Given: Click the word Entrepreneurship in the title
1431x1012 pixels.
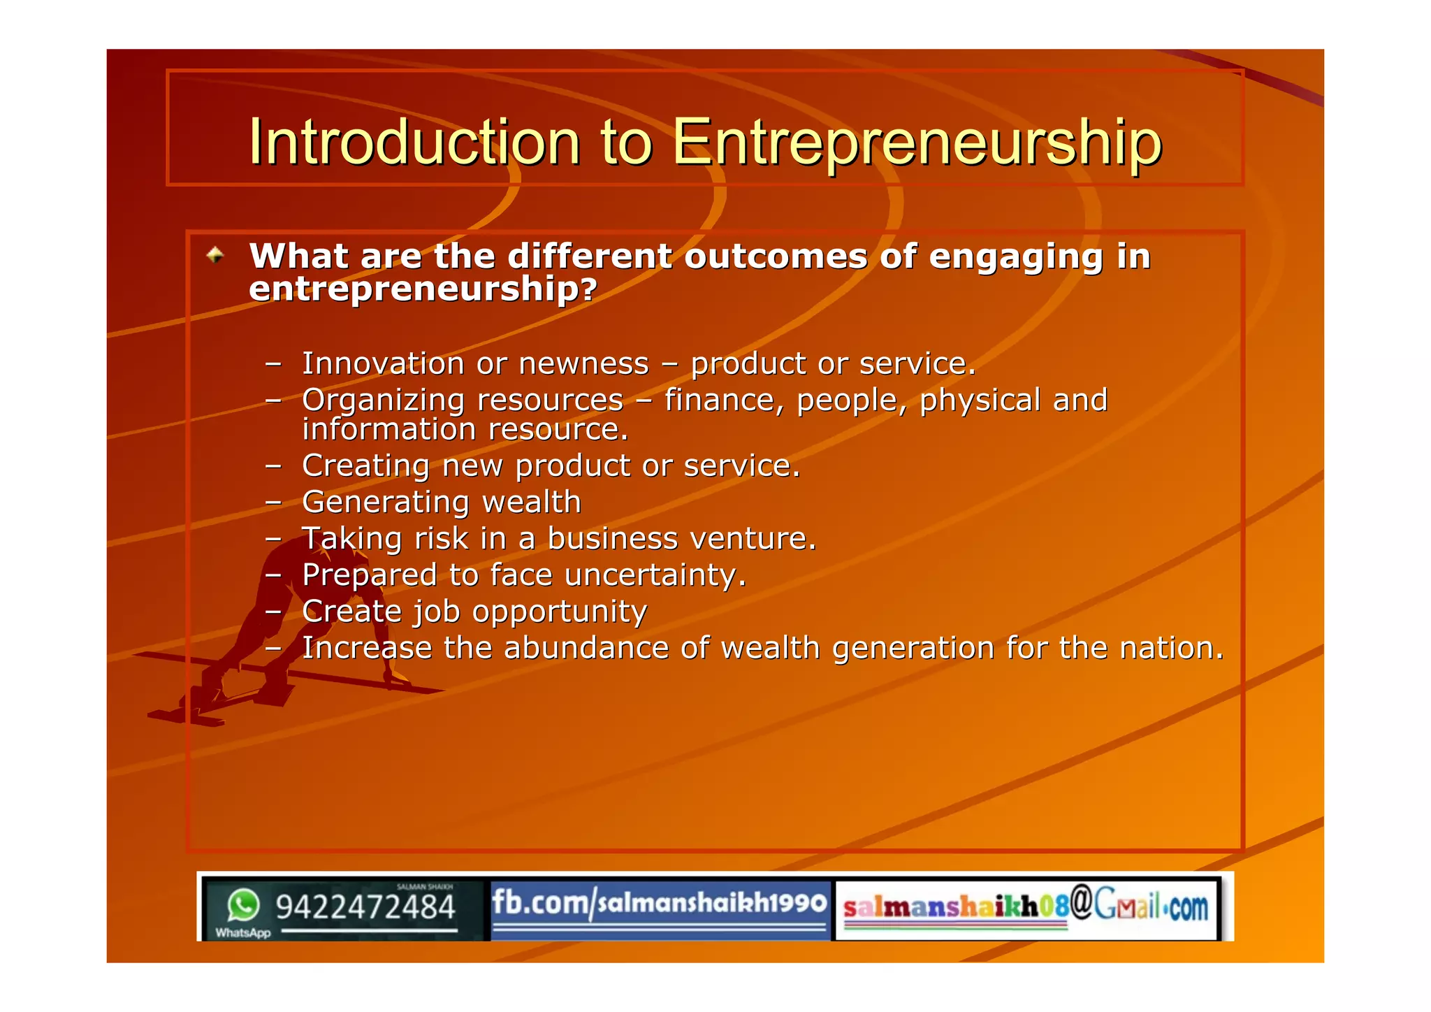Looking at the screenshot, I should click(x=917, y=143).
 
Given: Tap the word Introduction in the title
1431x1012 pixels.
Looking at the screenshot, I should click(x=414, y=143).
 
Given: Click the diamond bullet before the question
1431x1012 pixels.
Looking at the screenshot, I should click(x=215, y=255).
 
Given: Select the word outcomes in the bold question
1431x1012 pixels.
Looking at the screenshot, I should click(x=776, y=256).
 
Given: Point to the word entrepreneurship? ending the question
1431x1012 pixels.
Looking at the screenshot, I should click(x=423, y=289).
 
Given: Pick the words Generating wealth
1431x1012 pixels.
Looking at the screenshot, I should click(x=442, y=502).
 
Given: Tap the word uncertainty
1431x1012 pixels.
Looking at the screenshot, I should click(x=655, y=575).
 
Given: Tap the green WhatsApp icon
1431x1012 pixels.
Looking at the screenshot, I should click(x=243, y=905).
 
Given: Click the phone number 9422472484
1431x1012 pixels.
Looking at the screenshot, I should click(x=365, y=907).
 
